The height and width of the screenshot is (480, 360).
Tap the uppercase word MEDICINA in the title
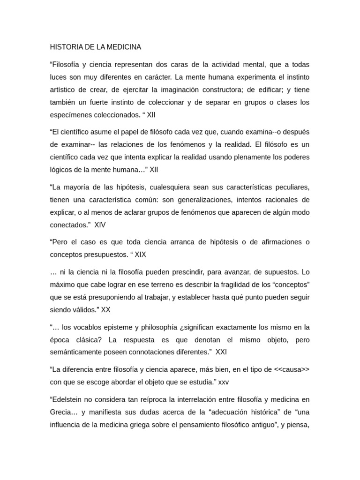[124, 47]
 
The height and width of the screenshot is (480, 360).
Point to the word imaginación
[196, 90]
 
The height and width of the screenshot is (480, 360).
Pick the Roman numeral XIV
[100, 225]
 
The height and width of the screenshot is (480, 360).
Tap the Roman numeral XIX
[141, 255]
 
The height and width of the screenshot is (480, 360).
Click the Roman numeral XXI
[221, 352]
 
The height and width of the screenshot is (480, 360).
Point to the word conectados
[68, 225]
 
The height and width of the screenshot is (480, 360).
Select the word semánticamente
[77, 352]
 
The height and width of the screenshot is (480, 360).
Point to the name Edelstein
[68, 399]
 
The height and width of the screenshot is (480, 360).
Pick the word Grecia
[61, 412]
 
